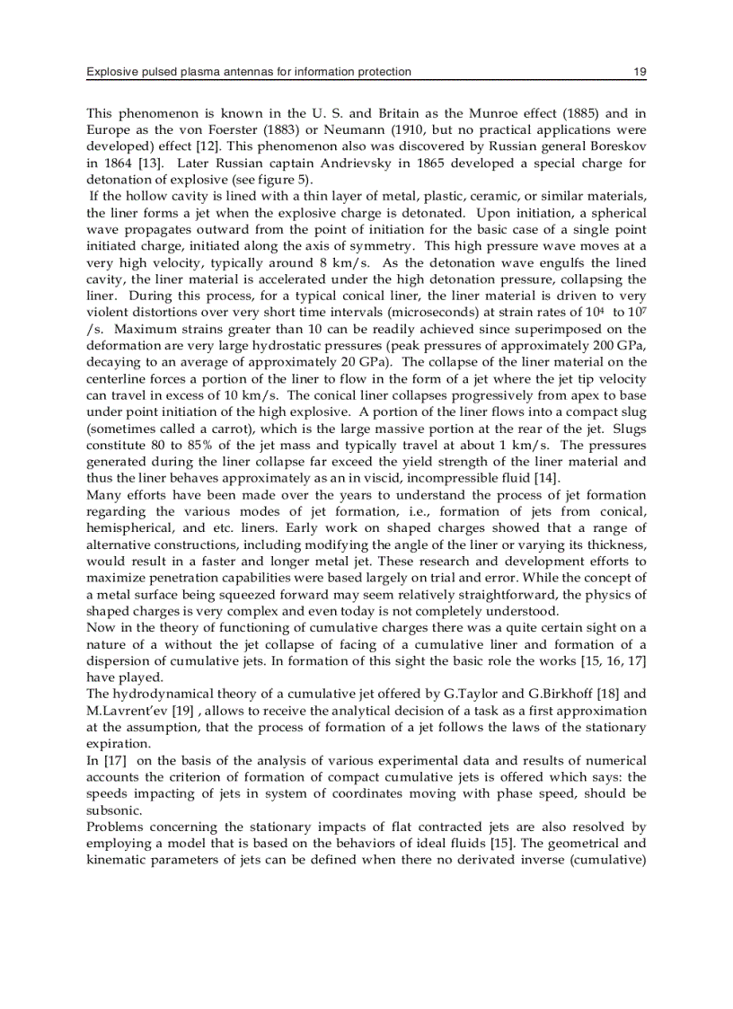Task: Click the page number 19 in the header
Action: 640,72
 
